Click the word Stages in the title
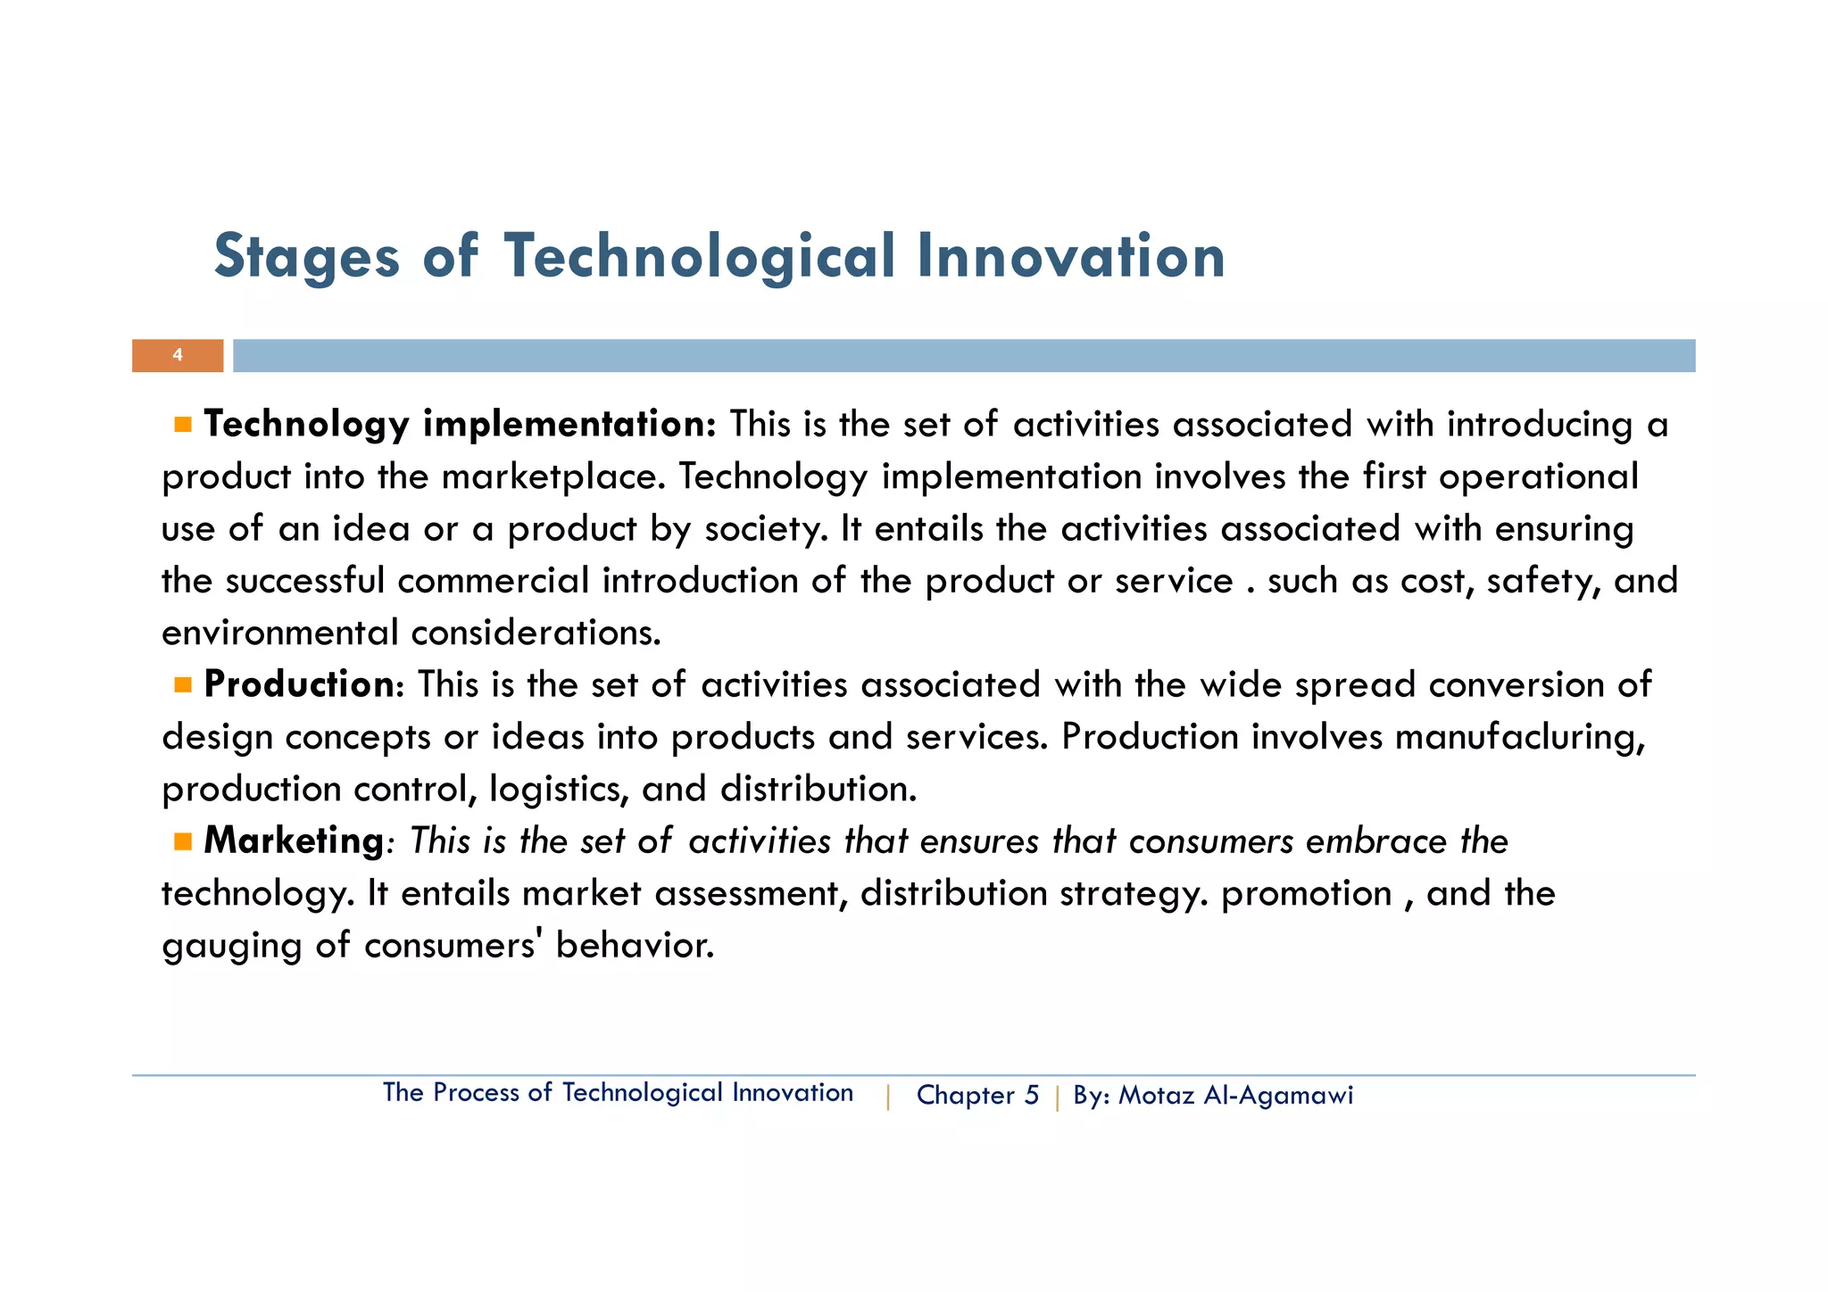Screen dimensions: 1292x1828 coord(307,258)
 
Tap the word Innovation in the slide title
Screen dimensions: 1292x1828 coord(1070,258)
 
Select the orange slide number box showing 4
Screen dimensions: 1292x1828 coord(178,355)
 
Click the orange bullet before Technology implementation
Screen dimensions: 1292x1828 coord(183,425)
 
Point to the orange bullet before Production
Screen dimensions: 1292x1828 coord(183,685)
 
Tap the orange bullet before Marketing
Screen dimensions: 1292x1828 coord(183,841)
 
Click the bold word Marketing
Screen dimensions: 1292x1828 coord(294,841)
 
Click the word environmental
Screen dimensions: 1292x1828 coord(279,634)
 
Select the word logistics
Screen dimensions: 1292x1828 coord(559,790)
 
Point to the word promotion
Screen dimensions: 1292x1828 coord(1306,894)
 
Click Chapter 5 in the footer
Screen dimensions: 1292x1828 coord(977,1095)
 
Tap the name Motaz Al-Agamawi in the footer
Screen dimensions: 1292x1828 coord(1235,1095)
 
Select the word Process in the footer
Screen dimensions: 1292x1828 coord(476,1093)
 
